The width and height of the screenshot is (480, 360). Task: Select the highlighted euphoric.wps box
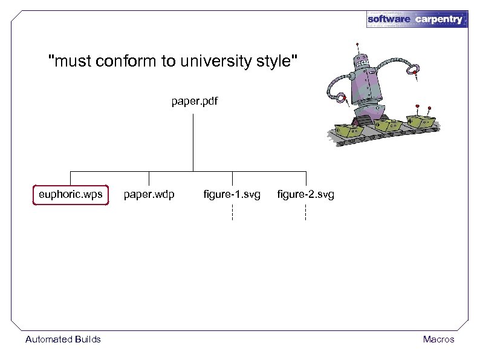click(x=71, y=195)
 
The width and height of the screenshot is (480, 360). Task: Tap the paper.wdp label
click(x=149, y=195)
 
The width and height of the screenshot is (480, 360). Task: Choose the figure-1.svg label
click(x=232, y=195)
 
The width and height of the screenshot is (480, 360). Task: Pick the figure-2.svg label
click(x=305, y=195)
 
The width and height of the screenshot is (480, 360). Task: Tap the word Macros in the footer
click(x=438, y=339)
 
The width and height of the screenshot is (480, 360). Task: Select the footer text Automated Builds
click(x=63, y=339)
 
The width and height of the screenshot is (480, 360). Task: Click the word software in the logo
click(x=389, y=19)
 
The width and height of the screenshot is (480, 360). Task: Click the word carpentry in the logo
click(x=439, y=19)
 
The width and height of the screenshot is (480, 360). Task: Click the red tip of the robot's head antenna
click(x=358, y=44)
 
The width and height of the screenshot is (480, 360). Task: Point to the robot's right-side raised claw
click(x=414, y=71)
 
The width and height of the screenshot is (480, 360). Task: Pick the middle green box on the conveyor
click(x=385, y=124)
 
